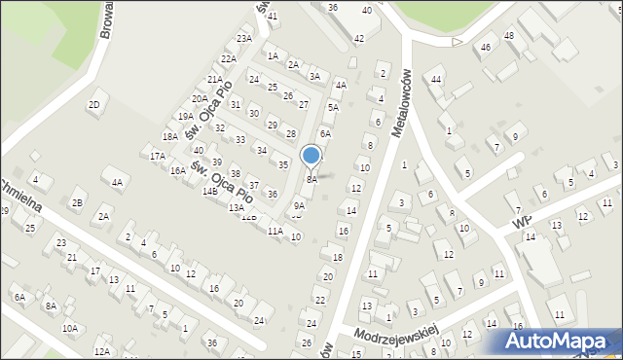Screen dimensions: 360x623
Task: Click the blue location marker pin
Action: [x=311, y=156]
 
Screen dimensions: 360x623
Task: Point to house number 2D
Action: [x=94, y=104]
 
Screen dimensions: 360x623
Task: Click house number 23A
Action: [x=244, y=39]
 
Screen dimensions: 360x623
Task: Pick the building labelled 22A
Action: [x=228, y=58]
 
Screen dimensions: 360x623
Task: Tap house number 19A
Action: [x=185, y=117]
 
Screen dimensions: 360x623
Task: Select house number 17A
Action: [x=157, y=156]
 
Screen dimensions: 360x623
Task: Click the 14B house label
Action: [x=209, y=192]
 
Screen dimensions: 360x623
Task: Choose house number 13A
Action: [x=236, y=207]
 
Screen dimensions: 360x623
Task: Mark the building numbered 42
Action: [x=358, y=39]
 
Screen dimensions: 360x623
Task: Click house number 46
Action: [x=485, y=48]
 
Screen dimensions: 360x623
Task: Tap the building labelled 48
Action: [x=508, y=36]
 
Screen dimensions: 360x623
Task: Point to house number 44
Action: [x=436, y=79]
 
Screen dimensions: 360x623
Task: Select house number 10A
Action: [x=70, y=329]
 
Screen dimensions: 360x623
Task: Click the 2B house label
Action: [x=77, y=203]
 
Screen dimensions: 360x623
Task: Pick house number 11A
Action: [x=275, y=231]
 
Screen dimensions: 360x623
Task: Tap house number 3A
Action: [x=314, y=76]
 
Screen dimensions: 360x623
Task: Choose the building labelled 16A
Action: [x=177, y=170]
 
